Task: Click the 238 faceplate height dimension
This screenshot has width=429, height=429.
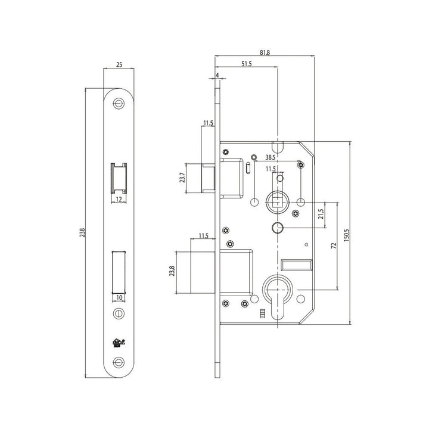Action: pyautogui.click(x=82, y=232)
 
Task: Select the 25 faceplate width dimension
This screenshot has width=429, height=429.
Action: pyautogui.click(x=119, y=65)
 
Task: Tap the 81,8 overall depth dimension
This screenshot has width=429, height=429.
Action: pyautogui.click(x=265, y=52)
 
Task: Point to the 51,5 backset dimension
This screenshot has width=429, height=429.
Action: pyautogui.click(x=246, y=64)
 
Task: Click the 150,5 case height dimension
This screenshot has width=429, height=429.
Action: pyautogui.click(x=347, y=235)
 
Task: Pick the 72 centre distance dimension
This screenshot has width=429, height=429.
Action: pyautogui.click(x=334, y=245)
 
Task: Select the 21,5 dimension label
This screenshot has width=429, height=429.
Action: pyautogui.click(x=321, y=214)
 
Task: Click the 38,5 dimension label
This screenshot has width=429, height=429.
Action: pyautogui.click(x=271, y=157)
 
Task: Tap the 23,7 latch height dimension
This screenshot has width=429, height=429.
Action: pyautogui.click(x=182, y=178)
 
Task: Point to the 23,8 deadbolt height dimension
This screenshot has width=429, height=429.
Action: pyautogui.click(x=172, y=271)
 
